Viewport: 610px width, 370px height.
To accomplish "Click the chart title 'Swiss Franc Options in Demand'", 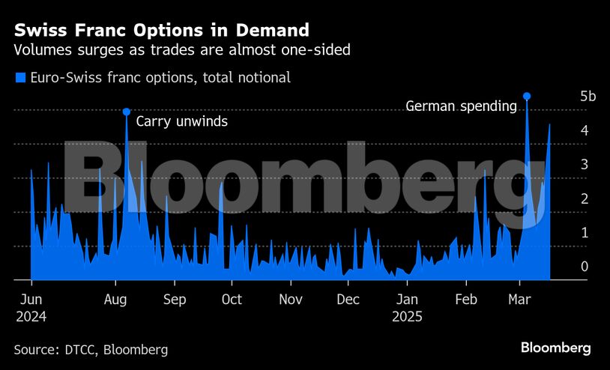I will [x=162, y=30].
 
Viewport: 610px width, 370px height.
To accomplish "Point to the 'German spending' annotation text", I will [x=461, y=106].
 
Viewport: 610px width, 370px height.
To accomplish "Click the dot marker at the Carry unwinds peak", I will [x=127, y=112].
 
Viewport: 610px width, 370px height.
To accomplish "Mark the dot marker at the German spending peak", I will [x=527, y=96].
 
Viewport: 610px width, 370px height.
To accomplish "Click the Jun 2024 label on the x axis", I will [x=31, y=307].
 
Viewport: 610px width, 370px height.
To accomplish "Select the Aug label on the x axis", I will [x=115, y=300].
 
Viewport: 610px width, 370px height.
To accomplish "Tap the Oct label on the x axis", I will [x=232, y=300].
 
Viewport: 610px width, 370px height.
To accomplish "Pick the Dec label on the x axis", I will [x=348, y=300].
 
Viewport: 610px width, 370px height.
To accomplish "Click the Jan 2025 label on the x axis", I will [x=407, y=307].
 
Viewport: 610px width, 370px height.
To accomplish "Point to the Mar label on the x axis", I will [x=519, y=300].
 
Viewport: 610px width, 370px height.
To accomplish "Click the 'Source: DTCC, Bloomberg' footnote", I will [x=91, y=350].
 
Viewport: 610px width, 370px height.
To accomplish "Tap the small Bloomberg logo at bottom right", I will [x=555, y=348].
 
